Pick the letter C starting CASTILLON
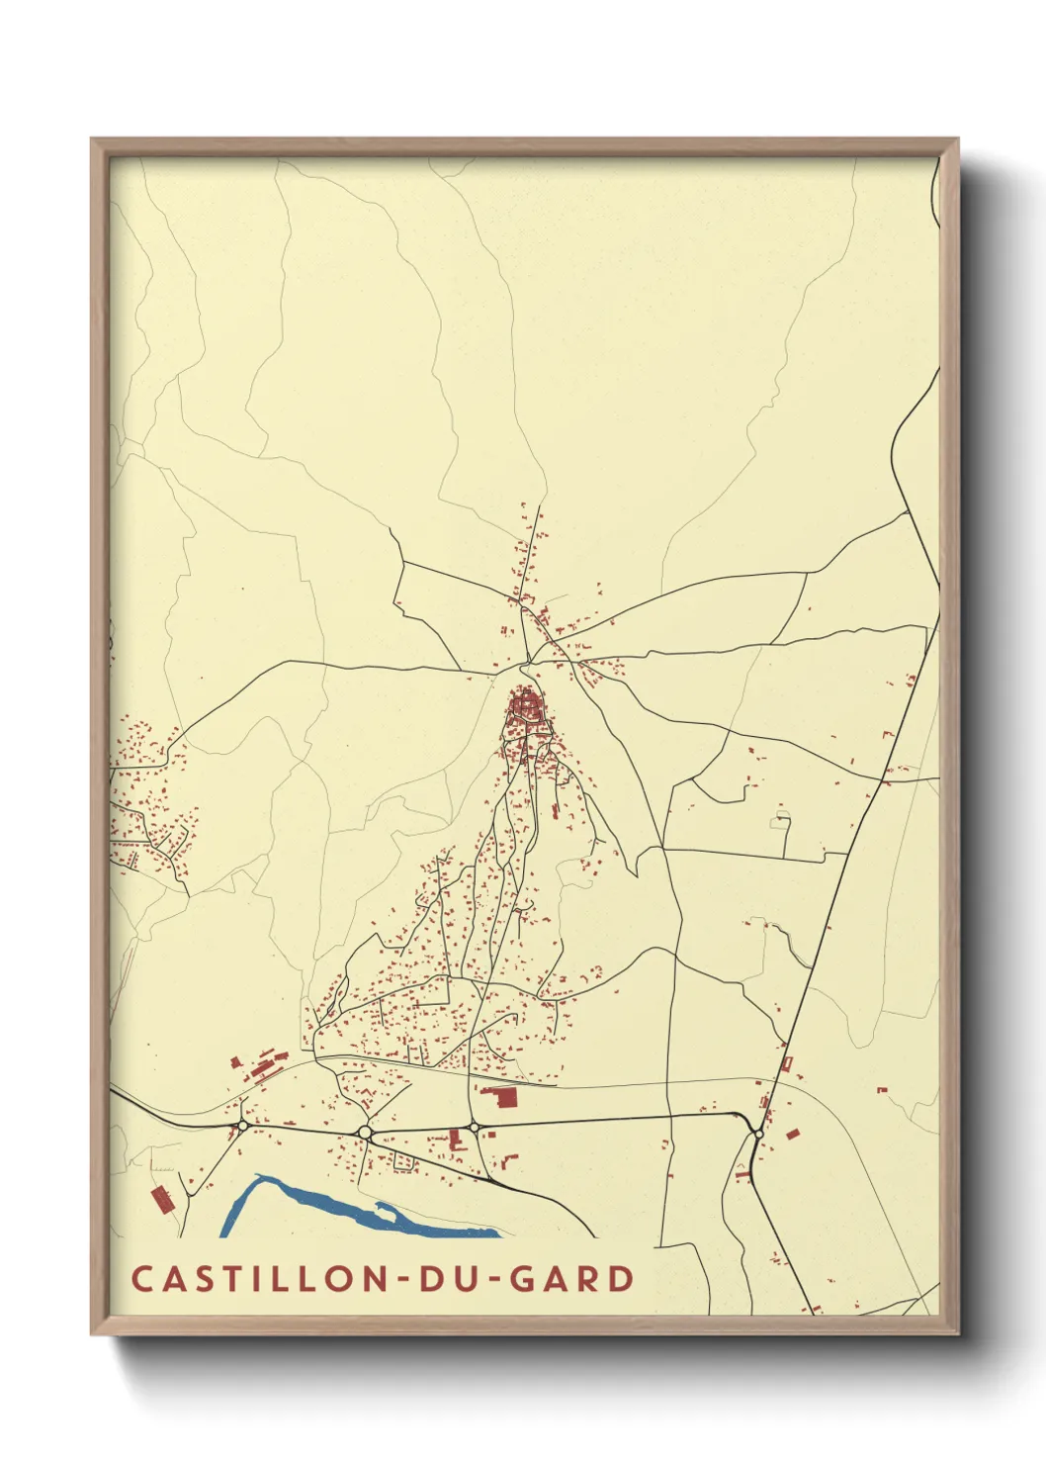coord(140,1279)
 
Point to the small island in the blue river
coord(384,1208)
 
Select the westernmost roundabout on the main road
coord(243,1126)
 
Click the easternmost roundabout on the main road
coord(756,1134)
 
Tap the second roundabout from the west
coord(365,1132)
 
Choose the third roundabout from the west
coord(474,1128)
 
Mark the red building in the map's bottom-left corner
coord(161,1200)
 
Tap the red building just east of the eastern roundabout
coord(792,1134)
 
